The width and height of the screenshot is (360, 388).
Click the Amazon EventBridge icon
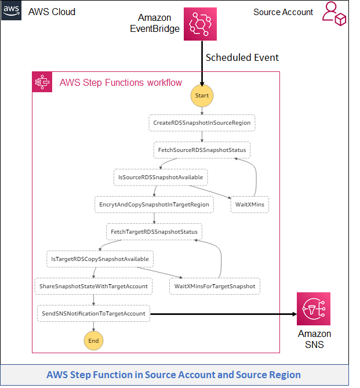(200, 24)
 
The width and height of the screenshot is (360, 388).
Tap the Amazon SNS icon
(313, 309)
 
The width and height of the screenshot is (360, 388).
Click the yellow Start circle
(202, 95)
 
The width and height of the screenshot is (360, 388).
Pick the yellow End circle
(93, 341)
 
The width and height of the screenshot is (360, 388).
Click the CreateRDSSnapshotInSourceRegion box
(202, 123)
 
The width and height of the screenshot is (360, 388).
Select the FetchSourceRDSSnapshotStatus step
(202, 150)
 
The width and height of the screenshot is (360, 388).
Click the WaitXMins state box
(249, 204)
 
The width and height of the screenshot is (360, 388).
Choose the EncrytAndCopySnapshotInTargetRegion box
(154, 204)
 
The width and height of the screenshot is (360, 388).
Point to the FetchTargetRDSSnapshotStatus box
(154, 231)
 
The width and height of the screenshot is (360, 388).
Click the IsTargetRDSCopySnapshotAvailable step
(100, 259)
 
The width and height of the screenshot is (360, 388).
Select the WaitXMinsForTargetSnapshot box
(214, 286)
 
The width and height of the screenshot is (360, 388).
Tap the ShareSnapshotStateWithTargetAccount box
(93, 286)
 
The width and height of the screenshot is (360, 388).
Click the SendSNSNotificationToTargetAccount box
(93, 313)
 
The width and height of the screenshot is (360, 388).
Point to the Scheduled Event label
(242, 57)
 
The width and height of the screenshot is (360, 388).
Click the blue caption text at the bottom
(173, 375)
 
